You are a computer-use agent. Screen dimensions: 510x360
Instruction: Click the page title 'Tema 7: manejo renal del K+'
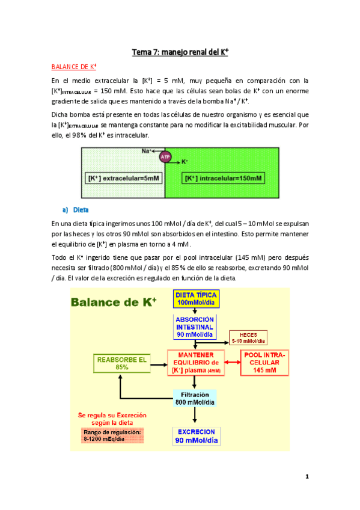[180, 52]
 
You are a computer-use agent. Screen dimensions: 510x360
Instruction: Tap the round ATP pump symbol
[165, 157]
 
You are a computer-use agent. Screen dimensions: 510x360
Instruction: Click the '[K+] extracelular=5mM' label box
[122, 179]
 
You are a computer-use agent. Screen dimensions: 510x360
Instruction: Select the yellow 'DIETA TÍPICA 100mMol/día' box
[195, 298]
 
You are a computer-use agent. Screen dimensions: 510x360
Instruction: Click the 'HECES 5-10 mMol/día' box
[248, 337]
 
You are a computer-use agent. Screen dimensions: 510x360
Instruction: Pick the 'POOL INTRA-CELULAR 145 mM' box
[264, 362]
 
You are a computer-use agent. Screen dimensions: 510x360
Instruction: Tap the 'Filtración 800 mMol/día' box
[195, 397]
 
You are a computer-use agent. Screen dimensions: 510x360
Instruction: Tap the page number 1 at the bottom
[307, 477]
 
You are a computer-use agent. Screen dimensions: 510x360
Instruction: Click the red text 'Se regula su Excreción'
[112, 415]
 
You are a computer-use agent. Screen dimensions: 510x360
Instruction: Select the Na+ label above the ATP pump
[146, 150]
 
